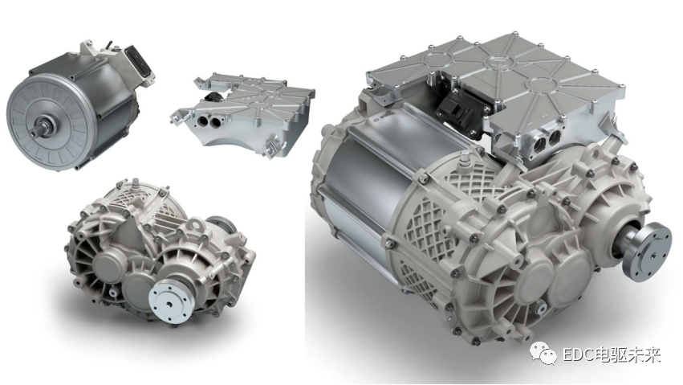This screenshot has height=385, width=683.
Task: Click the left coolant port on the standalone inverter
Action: pyautogui.click(x=203, y=121)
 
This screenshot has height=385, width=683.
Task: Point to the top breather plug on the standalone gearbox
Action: pyautogui.click(x=136, y=183)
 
